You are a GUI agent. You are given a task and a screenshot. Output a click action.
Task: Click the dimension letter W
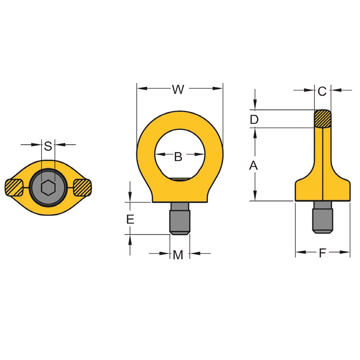pos(178,89)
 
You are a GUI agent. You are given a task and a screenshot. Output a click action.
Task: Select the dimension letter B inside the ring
pos(178,156)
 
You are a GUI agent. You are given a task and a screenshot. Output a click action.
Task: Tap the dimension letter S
pos(48,146)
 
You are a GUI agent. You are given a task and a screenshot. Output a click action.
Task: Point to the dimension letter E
pos(130,219)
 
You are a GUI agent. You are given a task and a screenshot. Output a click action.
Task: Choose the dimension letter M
pos(178,254)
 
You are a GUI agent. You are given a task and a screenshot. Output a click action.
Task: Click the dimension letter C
pos(322,91)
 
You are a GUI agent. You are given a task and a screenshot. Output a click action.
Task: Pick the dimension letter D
pos(254,120)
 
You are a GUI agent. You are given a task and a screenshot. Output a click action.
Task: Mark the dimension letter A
pos(253,166)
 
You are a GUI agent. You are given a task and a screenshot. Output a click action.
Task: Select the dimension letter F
pos(322,253)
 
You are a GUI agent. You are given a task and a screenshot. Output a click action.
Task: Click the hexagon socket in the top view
pos(48,187)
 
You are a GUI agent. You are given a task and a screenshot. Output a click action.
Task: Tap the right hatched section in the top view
pos(82,187)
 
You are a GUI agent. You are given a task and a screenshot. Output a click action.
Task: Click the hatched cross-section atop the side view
pos(322,119)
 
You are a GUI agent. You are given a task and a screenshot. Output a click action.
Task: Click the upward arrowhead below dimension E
pos(130,239)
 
